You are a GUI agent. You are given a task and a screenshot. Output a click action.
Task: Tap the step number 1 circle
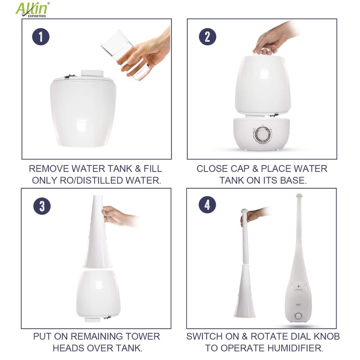point(41,37)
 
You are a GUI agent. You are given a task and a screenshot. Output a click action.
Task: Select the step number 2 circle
point(207,37)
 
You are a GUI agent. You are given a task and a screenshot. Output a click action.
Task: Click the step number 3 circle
point(42,206)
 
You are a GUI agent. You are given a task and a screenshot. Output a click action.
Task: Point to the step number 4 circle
point(207,205)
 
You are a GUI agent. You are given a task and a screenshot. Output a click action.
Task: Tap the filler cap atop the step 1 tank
point(92,73)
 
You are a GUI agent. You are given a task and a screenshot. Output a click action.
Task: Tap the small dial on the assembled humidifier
point(298,316)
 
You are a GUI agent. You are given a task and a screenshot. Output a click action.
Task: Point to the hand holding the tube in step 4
point(255,214)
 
